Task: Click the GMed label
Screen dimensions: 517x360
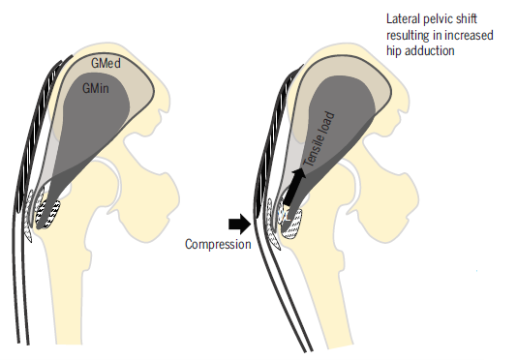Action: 106,63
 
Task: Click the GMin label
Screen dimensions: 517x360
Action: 95,88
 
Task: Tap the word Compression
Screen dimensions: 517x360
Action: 218,244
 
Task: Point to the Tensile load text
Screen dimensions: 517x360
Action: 319,138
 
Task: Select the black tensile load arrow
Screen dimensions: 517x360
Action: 294,187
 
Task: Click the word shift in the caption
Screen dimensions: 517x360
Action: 467,18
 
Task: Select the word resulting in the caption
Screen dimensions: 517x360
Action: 408,35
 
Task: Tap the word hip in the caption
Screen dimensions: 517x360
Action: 394,51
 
